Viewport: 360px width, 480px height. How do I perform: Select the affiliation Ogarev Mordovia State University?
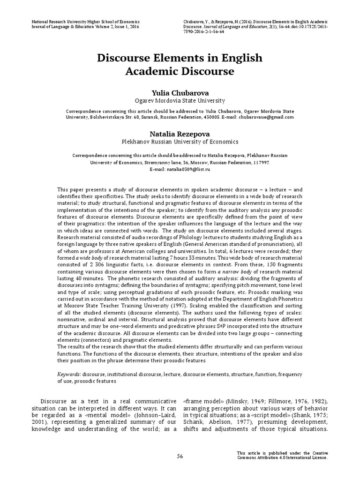click(x=180, y=100)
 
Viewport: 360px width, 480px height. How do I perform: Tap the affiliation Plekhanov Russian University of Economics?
click(x=180, y=142)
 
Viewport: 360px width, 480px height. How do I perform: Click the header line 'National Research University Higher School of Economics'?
click(x=85, y=22)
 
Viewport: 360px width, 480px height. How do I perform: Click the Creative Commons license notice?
click(x=282, y=455)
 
